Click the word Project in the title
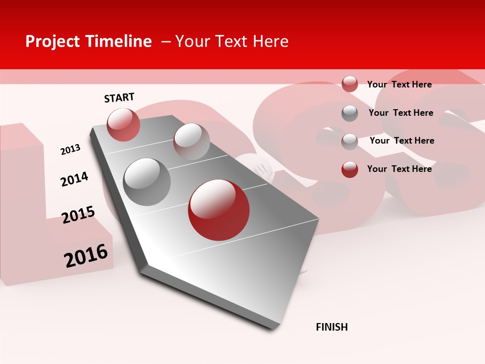53,41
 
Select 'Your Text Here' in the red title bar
232,41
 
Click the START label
119,98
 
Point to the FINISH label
331,327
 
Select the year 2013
70,149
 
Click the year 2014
74,179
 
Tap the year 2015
78,215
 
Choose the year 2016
86,256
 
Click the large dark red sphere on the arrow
218,210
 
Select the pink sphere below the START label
123,124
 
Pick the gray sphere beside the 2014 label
147,181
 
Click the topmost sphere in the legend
350,84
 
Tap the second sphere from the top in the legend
350,113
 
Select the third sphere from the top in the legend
350,142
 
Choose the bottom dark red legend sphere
350,169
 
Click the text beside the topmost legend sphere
399,84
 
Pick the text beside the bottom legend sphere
399,169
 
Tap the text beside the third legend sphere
402,141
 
